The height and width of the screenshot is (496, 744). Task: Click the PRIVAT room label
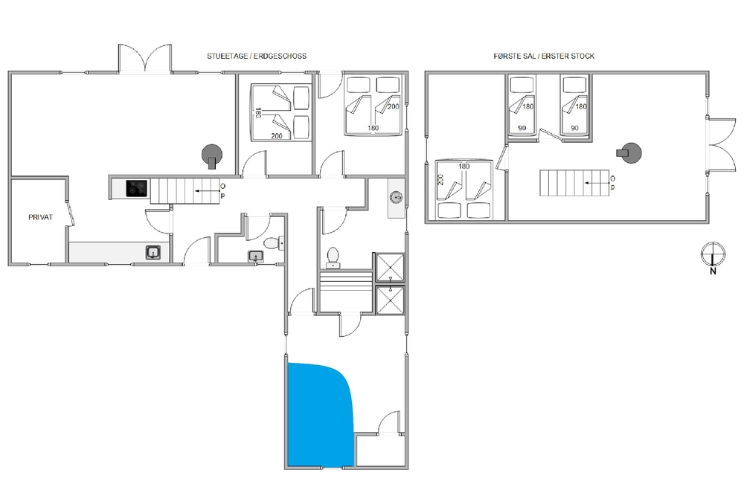tap(40, 217)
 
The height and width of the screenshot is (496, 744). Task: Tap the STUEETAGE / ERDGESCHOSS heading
tap(257, 56)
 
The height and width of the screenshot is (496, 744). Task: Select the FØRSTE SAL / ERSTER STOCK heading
tap(544, 56)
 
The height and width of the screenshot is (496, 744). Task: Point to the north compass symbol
tap(713, 257)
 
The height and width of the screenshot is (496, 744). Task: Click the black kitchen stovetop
tap(136, 188)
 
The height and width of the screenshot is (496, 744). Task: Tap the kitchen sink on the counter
tap(153, 252)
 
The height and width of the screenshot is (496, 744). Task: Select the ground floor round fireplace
tap(212, 155)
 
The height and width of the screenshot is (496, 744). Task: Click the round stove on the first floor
tap(630, 152)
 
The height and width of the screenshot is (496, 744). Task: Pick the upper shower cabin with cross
tap(390, 268)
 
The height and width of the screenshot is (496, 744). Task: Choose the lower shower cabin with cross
tap(390, 300)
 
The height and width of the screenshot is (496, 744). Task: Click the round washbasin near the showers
tap(397, 197)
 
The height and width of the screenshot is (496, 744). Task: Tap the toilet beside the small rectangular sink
tap(273, 243)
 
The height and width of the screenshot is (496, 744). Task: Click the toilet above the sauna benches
tap(333, 257)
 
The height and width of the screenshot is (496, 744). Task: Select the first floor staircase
tap(574, 183)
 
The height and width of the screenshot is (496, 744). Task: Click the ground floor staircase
tap(185, 190)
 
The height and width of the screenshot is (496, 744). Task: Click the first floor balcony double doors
tap(721, 144)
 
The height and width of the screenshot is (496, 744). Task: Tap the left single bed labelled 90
tap(522, 106)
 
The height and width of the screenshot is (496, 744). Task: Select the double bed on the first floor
tap(464, 190)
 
